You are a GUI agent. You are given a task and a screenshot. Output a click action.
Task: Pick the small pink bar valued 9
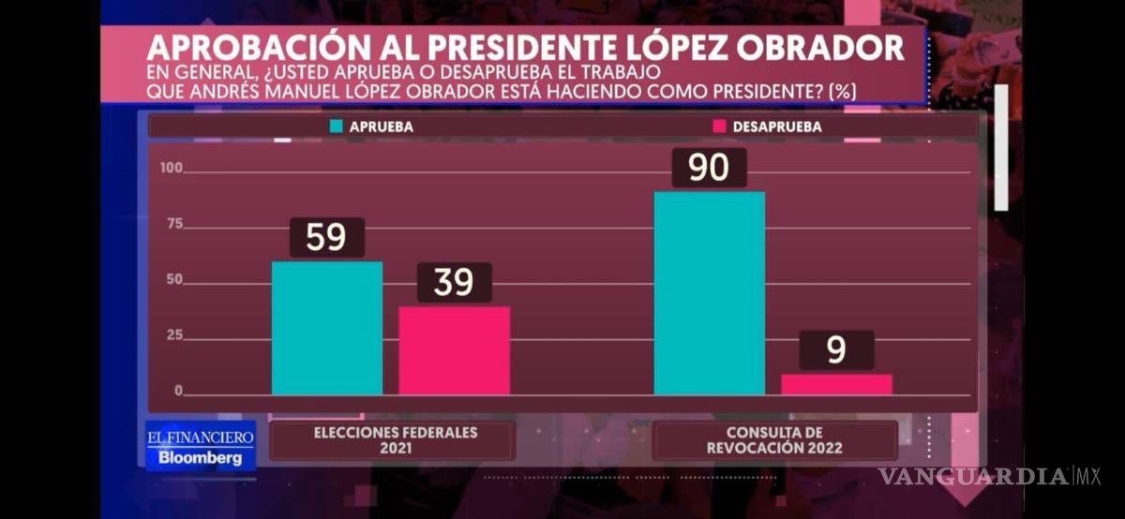pyautogui.click(x=836, y=384)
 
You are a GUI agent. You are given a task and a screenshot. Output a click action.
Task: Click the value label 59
pyautogui.click(x=326, y=238)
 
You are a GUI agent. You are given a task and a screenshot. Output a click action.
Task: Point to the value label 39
pyautogui.click(x=454, y=282)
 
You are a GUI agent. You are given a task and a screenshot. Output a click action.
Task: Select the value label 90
pyautogui.click(x=709, y=168)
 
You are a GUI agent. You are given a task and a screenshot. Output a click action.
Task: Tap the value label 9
pyautogui.click(x=836, y=350)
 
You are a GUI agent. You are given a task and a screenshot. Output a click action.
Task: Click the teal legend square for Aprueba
pyautogui.click(x=337, y=126)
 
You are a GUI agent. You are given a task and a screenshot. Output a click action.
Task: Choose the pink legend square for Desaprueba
pyautogui.click(x=720, y=126)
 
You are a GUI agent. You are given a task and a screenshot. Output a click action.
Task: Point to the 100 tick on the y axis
pyautogui.click(x=171, y=170)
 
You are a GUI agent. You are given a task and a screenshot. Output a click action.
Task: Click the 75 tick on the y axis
pyautogui.click(x=174, y=226)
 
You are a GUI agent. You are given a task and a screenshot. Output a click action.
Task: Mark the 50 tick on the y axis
pyautogui.click(x=174, y=281)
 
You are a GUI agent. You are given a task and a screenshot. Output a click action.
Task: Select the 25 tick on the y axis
pyautogui.click(x=174, y=336)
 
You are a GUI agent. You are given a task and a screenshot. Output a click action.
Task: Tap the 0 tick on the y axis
pyautogui.click(x=178, y=392)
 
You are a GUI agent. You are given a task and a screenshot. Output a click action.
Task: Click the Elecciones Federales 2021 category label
pyautogui.click(x=392, y=440)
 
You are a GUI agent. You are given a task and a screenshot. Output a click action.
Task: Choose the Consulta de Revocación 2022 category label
pyautogui.click(x=774, y=440)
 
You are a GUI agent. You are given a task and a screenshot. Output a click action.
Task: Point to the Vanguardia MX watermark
pyautogui.click(x=988, y=476)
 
